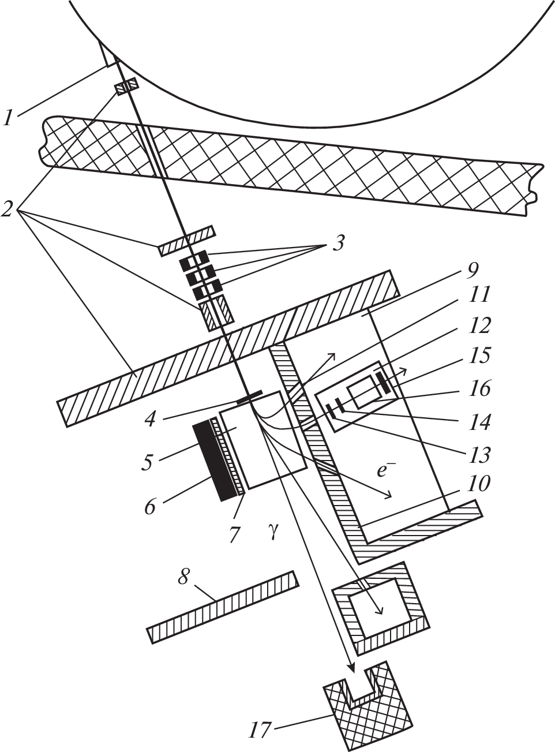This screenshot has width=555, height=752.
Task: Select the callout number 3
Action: pyautogui.click(x=337, y=244)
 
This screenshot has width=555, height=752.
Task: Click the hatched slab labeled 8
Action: pyautogui.click(x=223, y=605)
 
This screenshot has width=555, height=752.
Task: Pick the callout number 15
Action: pyautogui.click(x=479, y=355)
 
